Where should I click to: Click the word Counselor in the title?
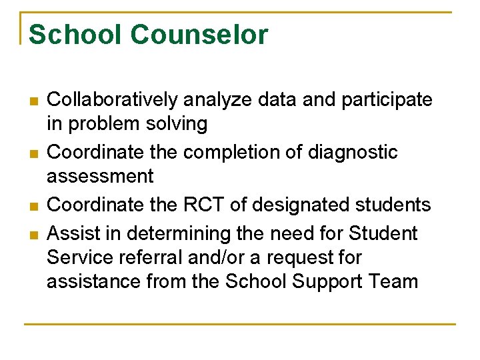tap(199, 35)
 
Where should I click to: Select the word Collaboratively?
tap(113, 100)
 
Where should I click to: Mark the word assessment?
tap(100, 177)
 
